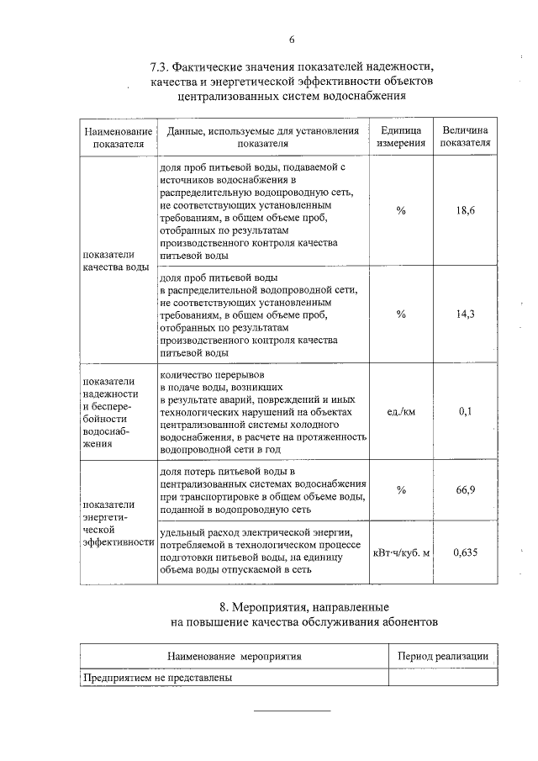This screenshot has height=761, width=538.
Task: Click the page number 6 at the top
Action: tap(291, 40)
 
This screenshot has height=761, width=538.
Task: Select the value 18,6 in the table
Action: tap(466, 210)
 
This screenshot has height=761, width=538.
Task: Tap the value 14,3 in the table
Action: tap(466, 313)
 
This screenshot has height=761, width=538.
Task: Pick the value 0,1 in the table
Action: tap(466, 411)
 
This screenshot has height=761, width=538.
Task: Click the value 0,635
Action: tap(466, 552)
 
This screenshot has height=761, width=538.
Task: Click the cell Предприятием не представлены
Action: tap(157, 677)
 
